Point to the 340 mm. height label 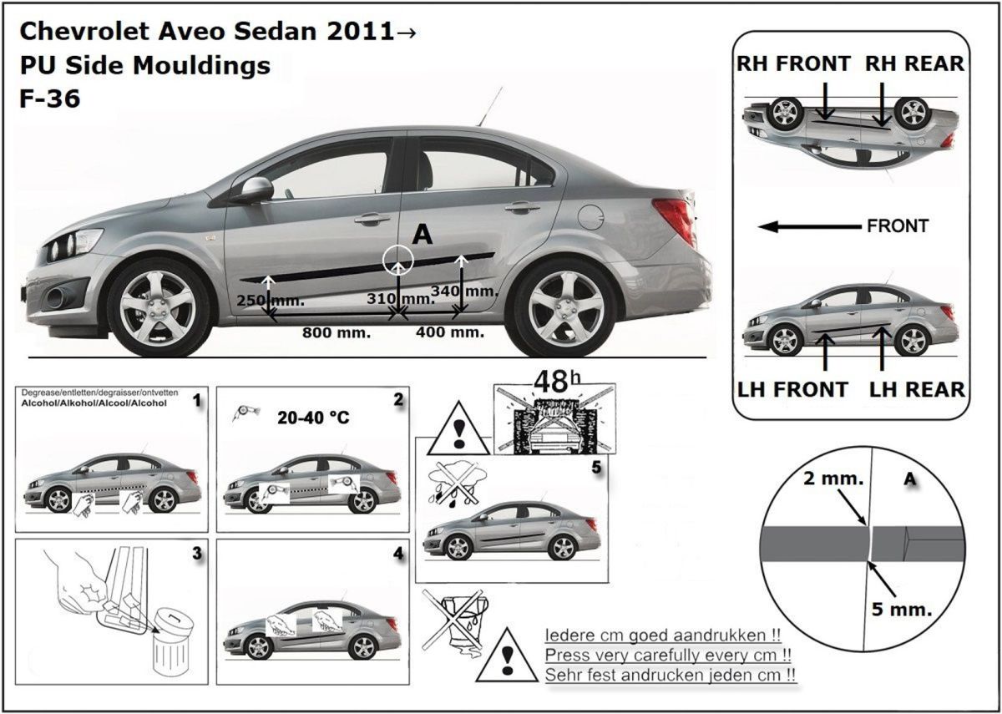pyautogui.click(x=464, y=291)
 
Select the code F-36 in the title pyautogui.click(x=49, y=99)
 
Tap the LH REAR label pyautogui.click(x=917, y=389)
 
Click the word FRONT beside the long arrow pyautogui.click(x=898, y=225)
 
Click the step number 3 pyautogui.click(x=196, y=553)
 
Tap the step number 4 pyautogui.click(x=397, y=553)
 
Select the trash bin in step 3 pyautogui.click(x=173, y=645)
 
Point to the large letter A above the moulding pyautogui.click(x=423, y=235)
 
